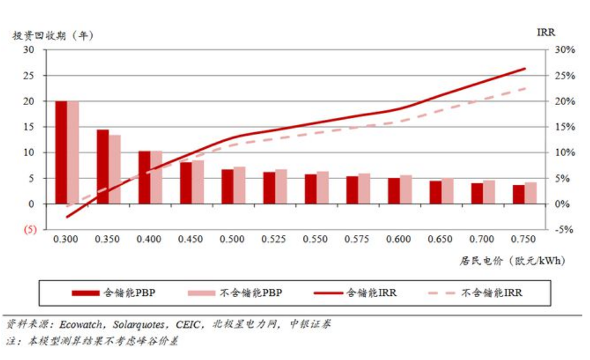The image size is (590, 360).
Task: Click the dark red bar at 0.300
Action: click(x=61, y=153)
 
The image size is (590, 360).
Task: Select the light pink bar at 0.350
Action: click(x=114, y=170)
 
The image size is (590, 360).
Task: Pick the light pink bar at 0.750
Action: click(x=531, y=193)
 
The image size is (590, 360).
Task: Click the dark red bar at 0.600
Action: click(x=393, y=191)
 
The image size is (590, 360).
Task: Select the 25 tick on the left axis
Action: click(x=28, y=76)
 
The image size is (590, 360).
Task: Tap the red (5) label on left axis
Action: click(x=29, y=230)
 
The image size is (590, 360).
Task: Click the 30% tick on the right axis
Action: click(x=565, y=50)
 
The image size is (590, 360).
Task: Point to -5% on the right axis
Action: click(x=565, y=230)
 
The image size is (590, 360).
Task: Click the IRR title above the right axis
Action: click(x=545, y=32)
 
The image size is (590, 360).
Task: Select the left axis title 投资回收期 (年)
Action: click(x=53, y=35)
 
